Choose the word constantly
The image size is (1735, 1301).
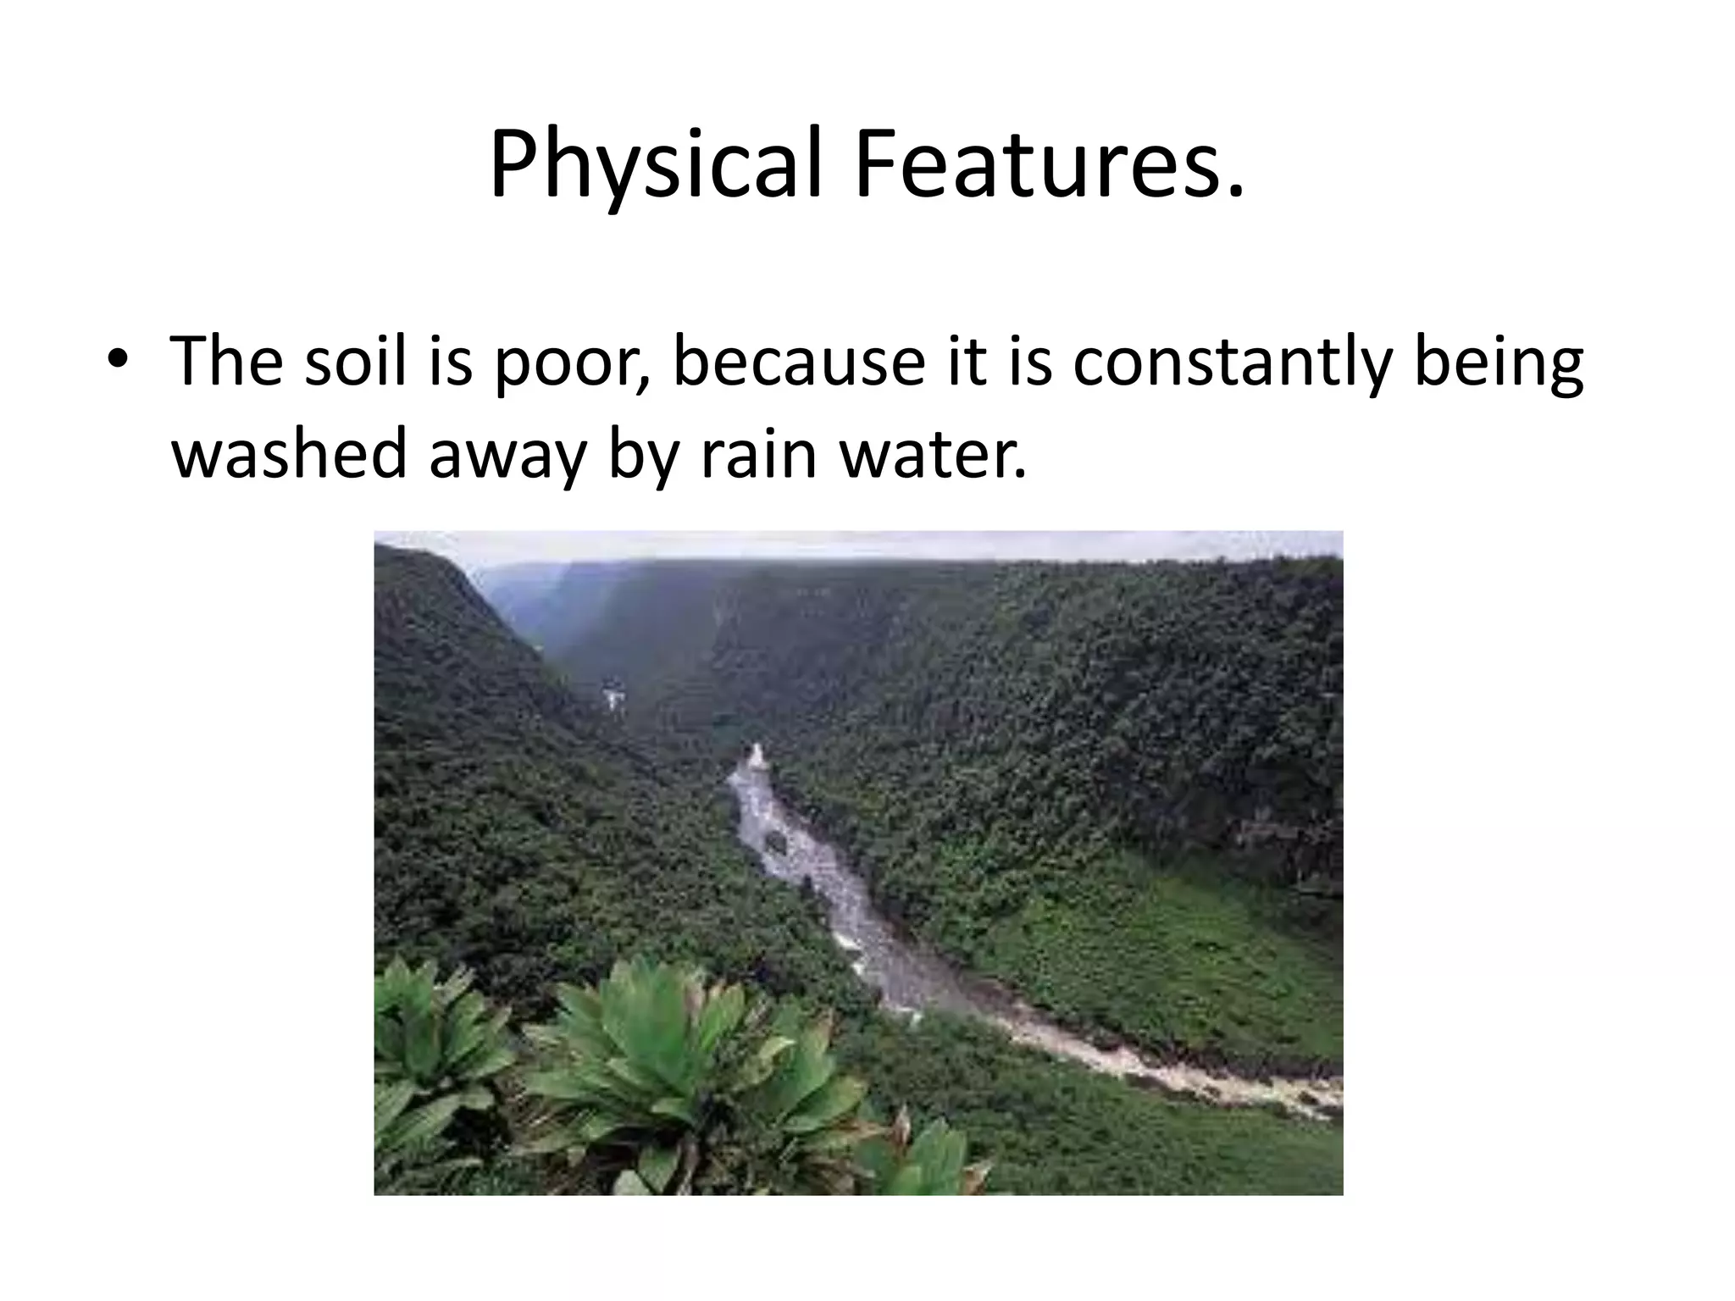(1232, 362)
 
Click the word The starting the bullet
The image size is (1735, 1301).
(224, 362)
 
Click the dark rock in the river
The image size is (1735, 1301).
(776, 840)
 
